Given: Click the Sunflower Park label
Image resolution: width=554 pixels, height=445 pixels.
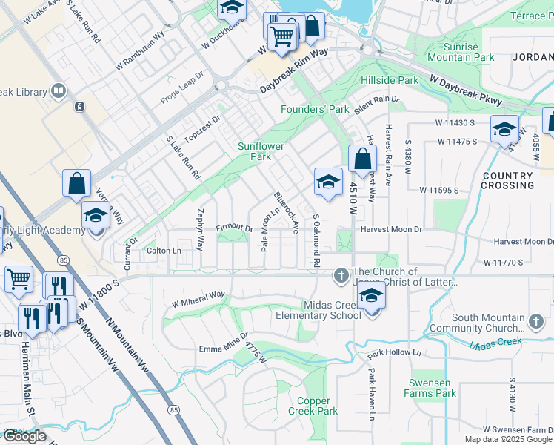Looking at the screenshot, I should [x=261, y=151].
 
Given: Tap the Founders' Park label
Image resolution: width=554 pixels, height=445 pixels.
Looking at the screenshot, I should [x=315, y=110].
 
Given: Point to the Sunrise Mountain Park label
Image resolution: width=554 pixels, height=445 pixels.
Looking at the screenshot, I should [x=461, y=52].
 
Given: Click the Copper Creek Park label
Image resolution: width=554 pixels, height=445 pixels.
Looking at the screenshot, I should [x=313, y=406].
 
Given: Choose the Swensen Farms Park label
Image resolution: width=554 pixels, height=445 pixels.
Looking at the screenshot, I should [x=430, y=388].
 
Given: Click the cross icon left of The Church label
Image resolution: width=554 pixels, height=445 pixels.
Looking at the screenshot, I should [x=341, y=276].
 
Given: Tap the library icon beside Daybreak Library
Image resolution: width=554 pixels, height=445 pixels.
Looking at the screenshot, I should [x=59, y=91].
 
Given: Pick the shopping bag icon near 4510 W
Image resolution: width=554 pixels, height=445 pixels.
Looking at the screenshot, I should [x=363, y=159].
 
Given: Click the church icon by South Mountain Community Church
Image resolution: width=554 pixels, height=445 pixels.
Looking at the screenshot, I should [x=536, y=320].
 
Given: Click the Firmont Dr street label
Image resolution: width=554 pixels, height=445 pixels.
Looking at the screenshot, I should [x=234, y=228].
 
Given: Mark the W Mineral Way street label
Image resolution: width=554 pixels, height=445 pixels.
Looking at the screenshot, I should [x=198, y=299].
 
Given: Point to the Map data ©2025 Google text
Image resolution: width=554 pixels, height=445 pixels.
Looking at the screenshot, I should [x=507, y=439].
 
